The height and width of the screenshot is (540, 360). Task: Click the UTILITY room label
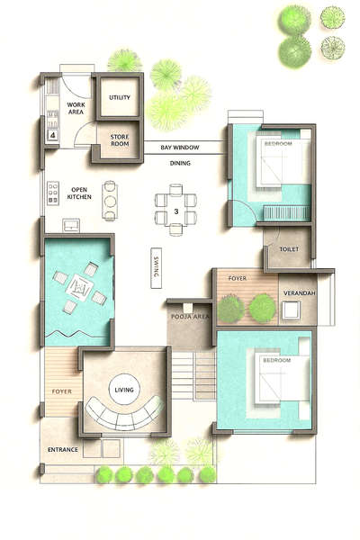click(120, 97)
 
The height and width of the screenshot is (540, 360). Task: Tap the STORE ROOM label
click(120, 139)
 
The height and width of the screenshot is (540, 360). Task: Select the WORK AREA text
click(76, 108)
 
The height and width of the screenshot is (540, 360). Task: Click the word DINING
click(180, 163)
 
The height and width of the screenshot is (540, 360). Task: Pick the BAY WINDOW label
click(180, 146)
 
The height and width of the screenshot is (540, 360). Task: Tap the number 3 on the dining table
click(176, 211)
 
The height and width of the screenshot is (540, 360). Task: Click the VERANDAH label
click(298, 293)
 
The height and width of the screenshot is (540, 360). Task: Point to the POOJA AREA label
click(189, 317)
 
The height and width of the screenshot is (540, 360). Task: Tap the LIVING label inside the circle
click(124, 389)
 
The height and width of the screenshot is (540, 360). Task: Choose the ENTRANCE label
click(63, 449)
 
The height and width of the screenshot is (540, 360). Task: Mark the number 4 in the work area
click(52, 136)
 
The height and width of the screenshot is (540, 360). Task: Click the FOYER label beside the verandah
click(237, 279)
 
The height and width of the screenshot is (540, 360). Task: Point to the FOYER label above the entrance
click(61, 391)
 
